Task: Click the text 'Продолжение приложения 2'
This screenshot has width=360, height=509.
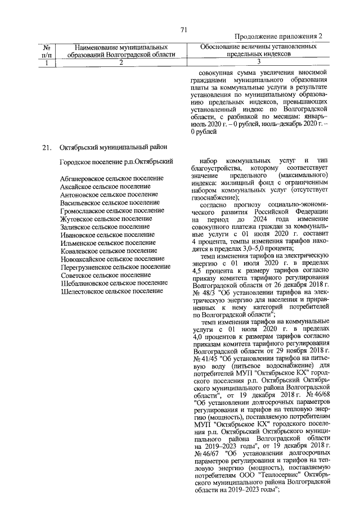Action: (x=278, y=37)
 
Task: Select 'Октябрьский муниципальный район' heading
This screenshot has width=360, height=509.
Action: (x=113, y=148)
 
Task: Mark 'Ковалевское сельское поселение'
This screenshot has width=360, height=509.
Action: (x=108, y=251)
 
